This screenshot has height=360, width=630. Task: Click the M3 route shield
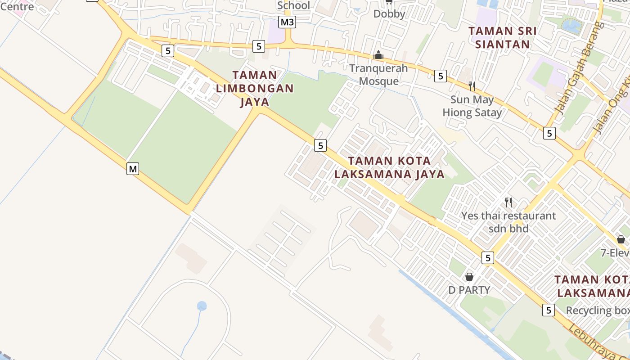(x=287, y=22)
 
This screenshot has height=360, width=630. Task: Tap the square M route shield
(x=132, y=169)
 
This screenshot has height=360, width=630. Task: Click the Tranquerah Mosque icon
(x=378, y=55)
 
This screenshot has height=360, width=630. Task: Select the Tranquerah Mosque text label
(x=378, y=75)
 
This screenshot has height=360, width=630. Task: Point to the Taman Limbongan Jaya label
(x=255, y=88)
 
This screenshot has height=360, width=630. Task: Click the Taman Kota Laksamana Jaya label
(x=390, y=167)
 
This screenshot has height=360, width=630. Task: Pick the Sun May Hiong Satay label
(x=472, y=106)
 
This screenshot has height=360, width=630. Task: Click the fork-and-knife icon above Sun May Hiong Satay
(x=472, y=85)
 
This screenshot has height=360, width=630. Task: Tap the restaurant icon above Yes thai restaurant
(x=508, y=202)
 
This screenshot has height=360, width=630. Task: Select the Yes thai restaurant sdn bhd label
(x=508, y=222)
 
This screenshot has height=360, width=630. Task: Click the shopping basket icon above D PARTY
(x=469, y=276)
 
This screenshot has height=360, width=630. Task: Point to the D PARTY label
(x=469, y=290)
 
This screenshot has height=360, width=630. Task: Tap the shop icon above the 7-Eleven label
(x=621, y=239)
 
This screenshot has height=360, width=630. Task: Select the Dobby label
(x=389, y=14)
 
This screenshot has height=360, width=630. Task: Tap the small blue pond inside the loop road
(x=202, y=306)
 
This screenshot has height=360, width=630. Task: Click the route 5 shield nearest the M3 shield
(x=258, y=46)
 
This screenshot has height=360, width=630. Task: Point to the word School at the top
(x=293, y=5)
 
